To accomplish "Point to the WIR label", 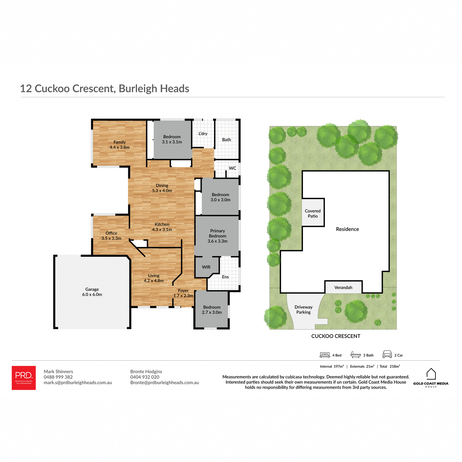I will point(206,267).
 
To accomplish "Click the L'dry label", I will point(203,134).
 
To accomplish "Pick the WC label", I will point(233,168).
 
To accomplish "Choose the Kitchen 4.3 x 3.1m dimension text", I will point(162,229).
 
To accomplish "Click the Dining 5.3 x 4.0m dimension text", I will point(162,191).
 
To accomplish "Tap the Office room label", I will point(111,233).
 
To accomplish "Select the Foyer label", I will point(183,291).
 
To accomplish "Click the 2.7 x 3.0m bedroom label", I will point(212,310).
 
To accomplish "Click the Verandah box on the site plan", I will point(343,288).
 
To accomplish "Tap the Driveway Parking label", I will point(303,310).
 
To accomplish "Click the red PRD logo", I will point(24,378).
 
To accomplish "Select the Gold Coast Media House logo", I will point(431,378).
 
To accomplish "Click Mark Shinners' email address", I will point(78,383).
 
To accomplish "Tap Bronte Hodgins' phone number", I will point(145,377).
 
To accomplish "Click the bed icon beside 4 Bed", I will point(325,355).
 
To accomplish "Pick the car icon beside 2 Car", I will point(387,355).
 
